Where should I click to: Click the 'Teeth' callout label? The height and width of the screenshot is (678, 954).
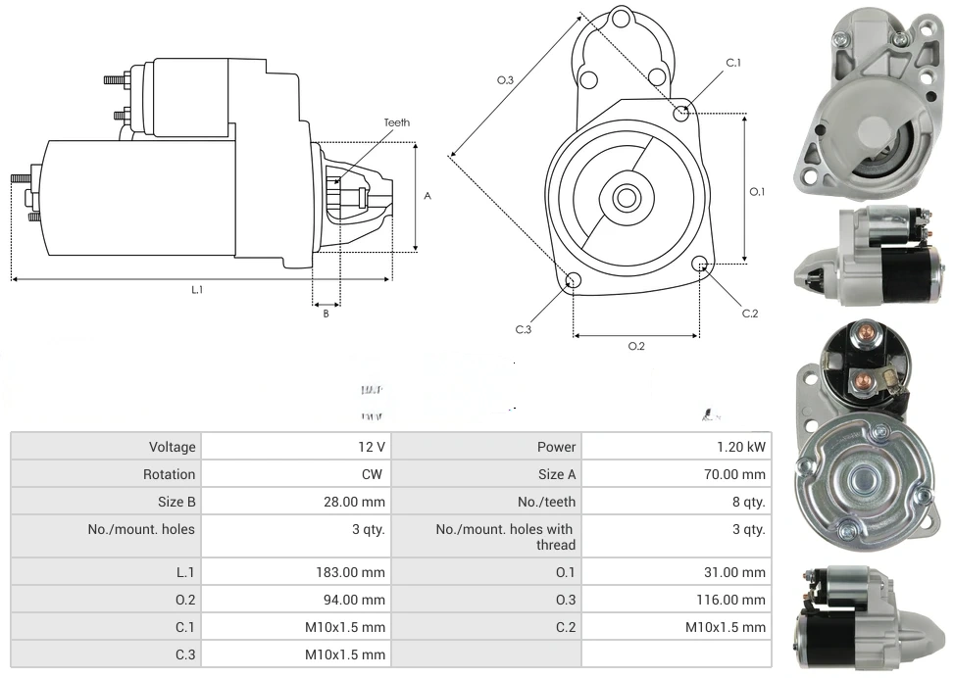[397, 122]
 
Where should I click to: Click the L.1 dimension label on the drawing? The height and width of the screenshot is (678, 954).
[197, 290]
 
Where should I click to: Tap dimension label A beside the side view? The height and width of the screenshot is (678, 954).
[427, 196]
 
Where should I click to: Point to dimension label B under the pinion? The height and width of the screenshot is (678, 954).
[326, 314]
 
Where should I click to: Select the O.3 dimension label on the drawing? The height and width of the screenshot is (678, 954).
[506, 80]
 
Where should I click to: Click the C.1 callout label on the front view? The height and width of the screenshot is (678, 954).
[733, 63]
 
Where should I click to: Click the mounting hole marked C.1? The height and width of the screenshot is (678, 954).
[681, 114]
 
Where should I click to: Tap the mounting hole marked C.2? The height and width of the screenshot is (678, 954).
[700, 264]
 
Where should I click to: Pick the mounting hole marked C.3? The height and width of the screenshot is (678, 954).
[574, 282]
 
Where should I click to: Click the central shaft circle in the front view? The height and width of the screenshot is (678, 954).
[626, 198]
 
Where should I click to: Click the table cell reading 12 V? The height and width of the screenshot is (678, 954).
[372, 447]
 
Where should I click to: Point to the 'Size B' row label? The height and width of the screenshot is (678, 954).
[171, 502]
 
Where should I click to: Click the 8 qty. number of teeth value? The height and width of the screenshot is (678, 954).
[749, 502]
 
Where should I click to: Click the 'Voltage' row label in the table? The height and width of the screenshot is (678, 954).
[173, 447]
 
